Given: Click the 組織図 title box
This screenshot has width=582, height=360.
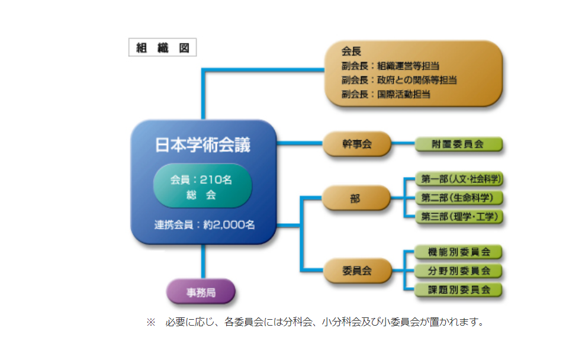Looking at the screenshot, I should [162, 47].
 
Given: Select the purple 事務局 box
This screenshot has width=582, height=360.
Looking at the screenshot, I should [201, 292].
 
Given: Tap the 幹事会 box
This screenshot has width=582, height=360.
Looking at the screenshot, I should [357, 144].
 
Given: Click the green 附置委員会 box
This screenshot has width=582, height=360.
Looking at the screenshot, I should [458, 144].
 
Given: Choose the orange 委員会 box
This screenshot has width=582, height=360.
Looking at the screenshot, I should [357, 271].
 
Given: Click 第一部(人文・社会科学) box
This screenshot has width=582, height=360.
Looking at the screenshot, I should [461, 179].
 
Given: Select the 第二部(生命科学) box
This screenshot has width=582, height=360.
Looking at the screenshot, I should [457, 198].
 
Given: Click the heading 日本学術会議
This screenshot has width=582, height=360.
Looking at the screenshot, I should [202, 144].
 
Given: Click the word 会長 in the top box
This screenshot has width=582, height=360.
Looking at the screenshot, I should [352, 52].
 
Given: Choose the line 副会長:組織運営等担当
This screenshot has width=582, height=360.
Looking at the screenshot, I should [390, 66].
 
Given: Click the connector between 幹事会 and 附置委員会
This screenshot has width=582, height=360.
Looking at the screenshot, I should [403, 144].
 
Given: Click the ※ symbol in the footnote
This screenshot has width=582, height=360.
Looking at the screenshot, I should [150, 323].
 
